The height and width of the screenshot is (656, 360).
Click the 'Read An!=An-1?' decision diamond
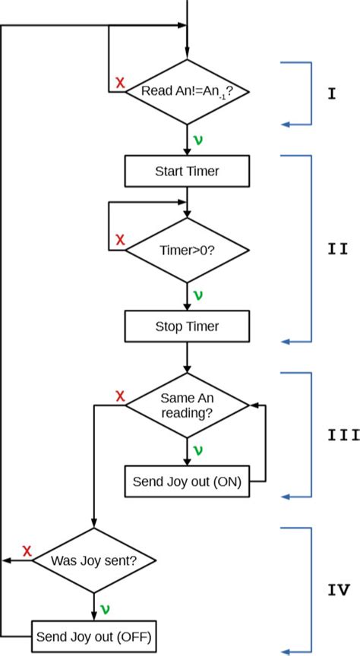(x=187, y=92)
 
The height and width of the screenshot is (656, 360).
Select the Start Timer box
(x=187, y=171)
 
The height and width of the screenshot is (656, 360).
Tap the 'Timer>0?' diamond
(x=187, y=250)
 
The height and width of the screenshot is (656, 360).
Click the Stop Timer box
(x=187, y=326)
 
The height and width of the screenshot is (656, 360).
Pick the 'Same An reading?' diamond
(x=187, y=405)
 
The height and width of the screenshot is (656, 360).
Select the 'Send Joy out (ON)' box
(x=187, y=481)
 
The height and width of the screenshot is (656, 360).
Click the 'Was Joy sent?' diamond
(x=94, y=561)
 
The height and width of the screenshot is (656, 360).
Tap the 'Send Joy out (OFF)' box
(x=94, y=635)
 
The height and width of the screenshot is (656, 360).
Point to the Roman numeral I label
(x=332, y=95)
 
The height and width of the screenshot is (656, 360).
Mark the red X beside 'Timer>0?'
(x=119, y=240)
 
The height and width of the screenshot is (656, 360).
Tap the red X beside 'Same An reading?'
(x=119, y=396)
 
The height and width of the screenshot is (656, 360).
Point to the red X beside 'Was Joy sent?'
(x=27, y=550)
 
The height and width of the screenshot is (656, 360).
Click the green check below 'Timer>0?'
(x=198, y=295)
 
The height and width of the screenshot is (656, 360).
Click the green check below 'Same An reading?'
(x=198, y=450)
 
